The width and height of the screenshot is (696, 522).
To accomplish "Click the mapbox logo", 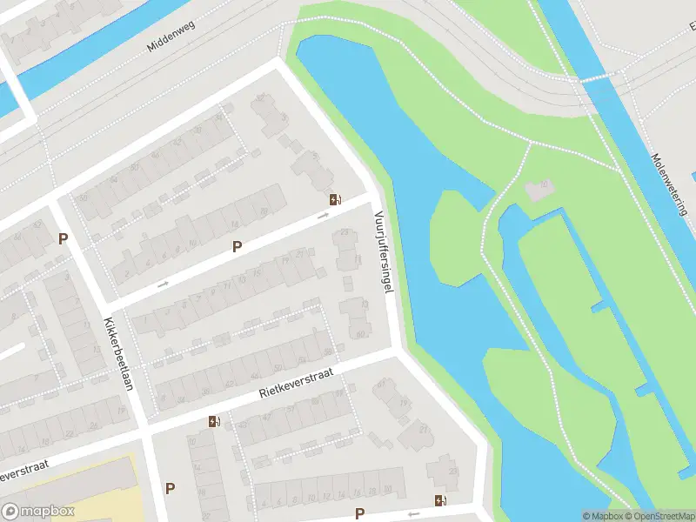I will [x=38, y=512].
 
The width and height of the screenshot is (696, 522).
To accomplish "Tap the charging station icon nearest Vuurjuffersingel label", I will [x=335, y=199].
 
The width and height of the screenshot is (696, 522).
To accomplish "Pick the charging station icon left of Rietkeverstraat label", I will [x=214, y=422].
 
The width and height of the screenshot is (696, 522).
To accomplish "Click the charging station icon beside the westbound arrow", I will [x=440, y=500].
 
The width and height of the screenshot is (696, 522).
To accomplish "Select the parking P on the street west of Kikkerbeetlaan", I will [x=63, y=238].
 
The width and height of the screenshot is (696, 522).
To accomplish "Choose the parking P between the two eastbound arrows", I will [x=237, y=247].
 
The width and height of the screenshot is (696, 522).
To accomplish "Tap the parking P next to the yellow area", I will [x=170, y=488].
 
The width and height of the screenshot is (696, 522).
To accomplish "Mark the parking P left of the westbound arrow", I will [x=359, y=513].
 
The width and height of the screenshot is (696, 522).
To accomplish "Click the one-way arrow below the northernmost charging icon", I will [x=324, y=215].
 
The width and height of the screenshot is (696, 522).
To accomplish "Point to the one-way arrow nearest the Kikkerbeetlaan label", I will [x=163, y=284].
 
